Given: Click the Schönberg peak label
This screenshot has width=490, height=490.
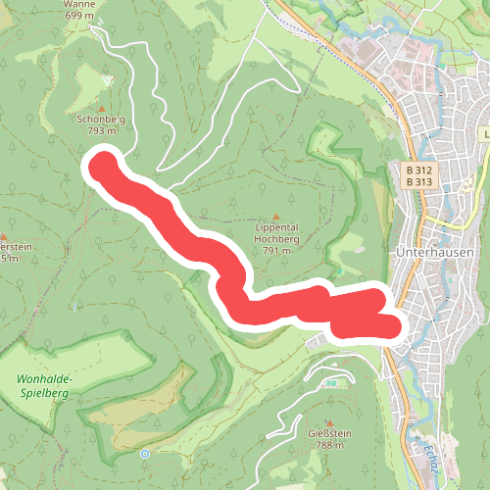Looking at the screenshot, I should coord(103,118).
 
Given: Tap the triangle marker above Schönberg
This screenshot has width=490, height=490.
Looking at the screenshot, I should coord(103,107).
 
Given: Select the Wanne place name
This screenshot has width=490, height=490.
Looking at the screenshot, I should coord(79,4).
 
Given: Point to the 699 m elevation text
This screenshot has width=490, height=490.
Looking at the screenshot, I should coord(80,16).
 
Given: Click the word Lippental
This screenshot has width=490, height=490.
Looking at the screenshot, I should coord(275,226).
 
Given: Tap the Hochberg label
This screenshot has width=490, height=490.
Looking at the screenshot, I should coord(275,238).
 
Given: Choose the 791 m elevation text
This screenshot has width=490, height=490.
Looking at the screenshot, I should coord(275,250).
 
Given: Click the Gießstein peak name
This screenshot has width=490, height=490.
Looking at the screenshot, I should coord(330,433).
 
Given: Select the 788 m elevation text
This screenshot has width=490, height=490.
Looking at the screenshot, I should coord(330,445).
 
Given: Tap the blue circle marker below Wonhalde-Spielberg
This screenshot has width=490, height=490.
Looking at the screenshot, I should coord(144,454).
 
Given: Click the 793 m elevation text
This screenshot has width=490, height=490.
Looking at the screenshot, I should coord(103,129).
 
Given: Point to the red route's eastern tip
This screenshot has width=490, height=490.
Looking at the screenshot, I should coord(392,326).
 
